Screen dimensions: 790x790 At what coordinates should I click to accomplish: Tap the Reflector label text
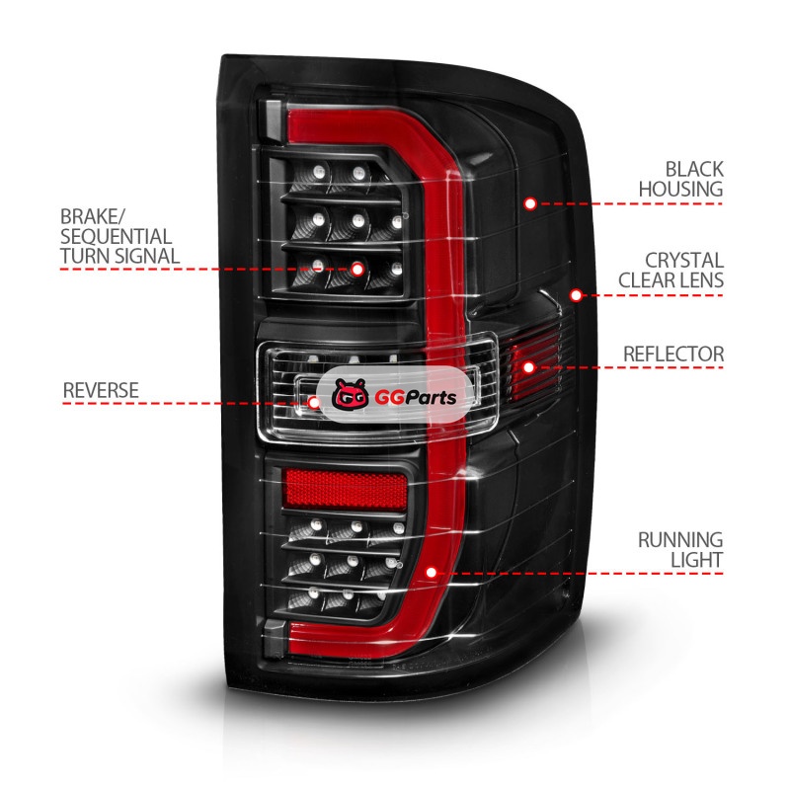pyautogui.click(x=673, y=354)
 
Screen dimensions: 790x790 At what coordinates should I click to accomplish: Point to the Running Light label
pyautogui.click(x=679, y=550)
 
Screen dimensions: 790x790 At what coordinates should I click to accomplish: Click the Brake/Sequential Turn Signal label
pyautogui.click(x=119, y=236)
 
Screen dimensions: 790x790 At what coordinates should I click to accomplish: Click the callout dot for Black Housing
pyautogui.click(x=530, y=203)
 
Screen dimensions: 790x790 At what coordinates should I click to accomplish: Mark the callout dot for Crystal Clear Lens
pyautogui.click(x=576, y=294)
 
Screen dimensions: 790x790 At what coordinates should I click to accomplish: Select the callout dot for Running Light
pyautogui.click(x=431, y=572)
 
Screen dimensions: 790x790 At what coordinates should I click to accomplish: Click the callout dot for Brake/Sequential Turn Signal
pyautogui.click(x=356, y=268)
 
